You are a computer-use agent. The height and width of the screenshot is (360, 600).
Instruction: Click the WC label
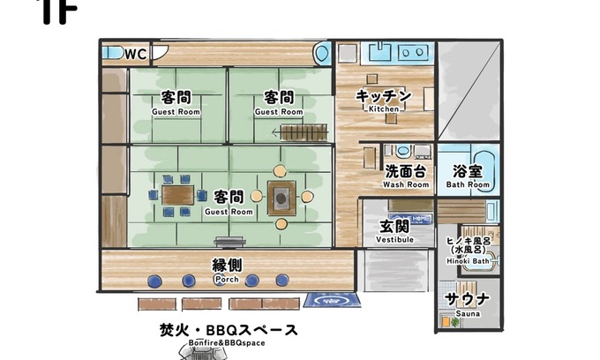136,54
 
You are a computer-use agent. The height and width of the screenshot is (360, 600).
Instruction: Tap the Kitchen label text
384,109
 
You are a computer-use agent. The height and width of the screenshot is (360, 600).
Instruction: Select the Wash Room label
406,184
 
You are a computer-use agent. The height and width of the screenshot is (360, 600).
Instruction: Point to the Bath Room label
468,184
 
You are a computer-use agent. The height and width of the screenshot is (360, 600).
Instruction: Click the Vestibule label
394,240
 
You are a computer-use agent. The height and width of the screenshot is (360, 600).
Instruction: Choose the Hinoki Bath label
468,261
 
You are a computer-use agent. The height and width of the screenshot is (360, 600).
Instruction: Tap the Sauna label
468,314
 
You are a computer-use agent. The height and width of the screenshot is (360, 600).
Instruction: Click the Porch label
227,280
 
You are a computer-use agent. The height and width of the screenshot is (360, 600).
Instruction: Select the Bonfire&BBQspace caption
227,342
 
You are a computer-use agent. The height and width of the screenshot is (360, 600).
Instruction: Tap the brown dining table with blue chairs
177,195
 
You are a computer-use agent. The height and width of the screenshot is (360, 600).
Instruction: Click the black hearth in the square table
281,199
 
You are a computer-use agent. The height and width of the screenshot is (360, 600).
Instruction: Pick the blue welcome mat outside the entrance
332,300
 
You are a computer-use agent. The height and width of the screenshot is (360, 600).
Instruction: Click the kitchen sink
379,52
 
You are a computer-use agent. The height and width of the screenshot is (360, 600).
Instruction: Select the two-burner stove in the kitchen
412,52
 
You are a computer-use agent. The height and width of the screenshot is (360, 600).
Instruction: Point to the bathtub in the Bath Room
484,171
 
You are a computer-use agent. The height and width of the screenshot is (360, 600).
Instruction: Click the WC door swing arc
161,54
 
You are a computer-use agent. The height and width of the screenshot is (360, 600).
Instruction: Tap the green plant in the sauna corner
455,322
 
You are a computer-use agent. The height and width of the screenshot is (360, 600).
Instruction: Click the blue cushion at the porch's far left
154,281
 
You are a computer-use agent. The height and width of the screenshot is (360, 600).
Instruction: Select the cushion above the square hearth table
280,170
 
